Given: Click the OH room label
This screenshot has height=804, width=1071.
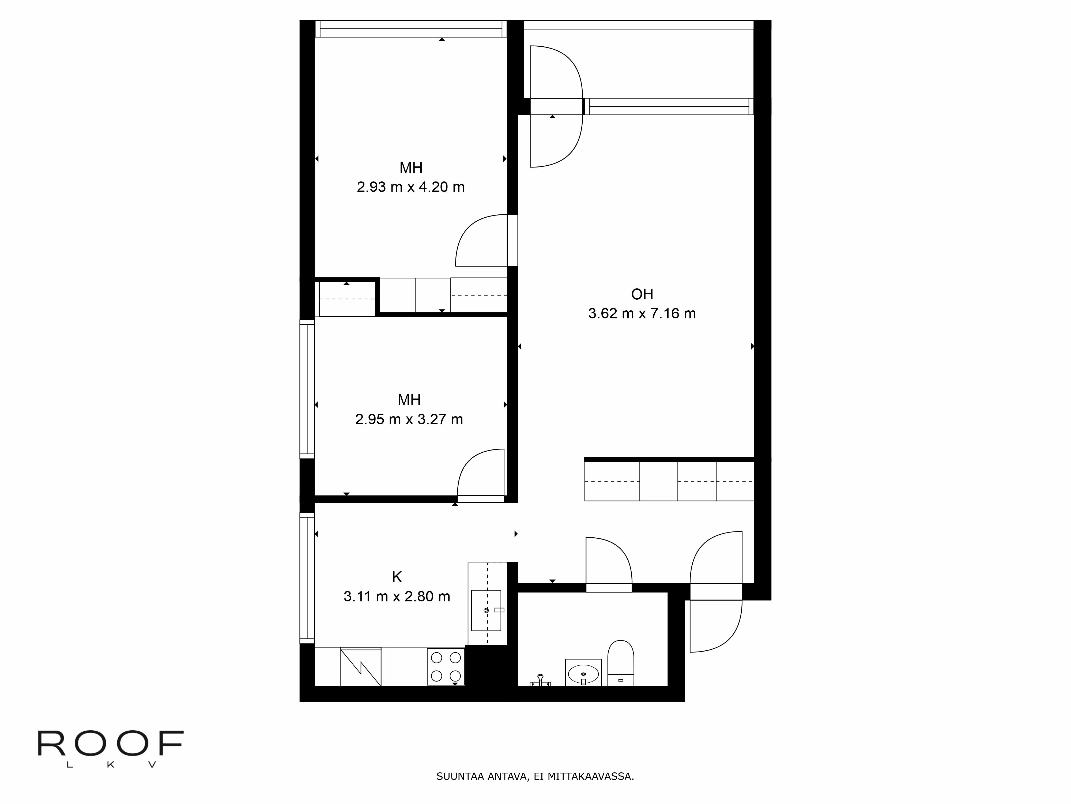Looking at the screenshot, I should tap(642, 294).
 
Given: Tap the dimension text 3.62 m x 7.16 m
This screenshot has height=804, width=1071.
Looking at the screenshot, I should tap(642, 314).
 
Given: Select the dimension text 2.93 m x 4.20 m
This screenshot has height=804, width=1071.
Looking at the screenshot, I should tap(410, 187).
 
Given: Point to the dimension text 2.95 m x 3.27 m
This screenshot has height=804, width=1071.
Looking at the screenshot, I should tap(409, 419).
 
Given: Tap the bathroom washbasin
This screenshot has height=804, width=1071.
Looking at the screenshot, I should tap(583, 674).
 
